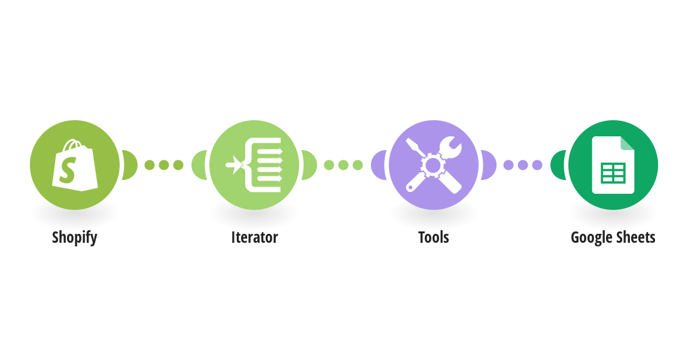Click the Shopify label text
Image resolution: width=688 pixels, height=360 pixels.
75,237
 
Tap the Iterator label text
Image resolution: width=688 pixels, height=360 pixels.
254,237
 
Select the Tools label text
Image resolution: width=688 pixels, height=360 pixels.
434,237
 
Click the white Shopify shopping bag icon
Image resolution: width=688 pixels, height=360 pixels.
75,165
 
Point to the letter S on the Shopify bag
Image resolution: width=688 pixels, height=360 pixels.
68,170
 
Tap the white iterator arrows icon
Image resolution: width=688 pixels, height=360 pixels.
254,165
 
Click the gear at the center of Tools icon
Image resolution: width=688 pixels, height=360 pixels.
433,165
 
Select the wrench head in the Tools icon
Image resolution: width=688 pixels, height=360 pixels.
450,147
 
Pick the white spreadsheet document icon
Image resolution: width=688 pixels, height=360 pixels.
613,165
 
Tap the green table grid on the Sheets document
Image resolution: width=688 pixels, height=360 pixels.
613,173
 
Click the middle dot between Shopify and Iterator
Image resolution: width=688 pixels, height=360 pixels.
164,165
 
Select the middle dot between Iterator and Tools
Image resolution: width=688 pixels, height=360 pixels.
343,165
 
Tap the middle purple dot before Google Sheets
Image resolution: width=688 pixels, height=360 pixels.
523,165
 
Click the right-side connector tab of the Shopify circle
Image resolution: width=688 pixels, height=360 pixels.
129,165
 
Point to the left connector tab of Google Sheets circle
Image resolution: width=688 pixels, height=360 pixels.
558,165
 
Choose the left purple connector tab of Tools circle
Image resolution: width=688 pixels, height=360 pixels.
379,165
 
